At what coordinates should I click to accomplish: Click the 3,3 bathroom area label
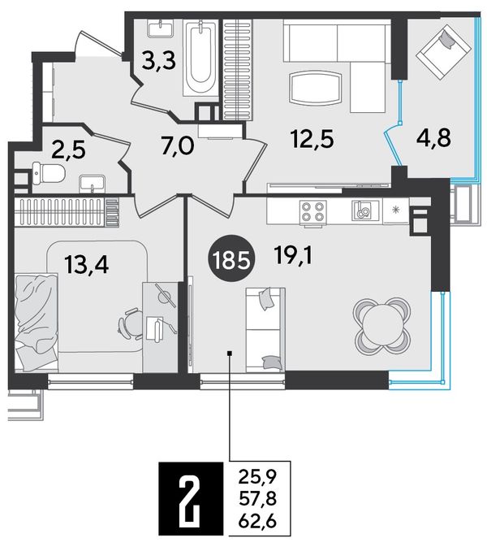pos(160,63)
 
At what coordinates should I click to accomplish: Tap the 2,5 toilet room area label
pos(69,150)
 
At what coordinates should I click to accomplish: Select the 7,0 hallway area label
pos(178,145)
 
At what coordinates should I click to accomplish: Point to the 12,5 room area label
pos(312,139)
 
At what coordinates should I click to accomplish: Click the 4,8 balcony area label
pos(433,137)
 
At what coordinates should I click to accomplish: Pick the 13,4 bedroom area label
pos(88,265)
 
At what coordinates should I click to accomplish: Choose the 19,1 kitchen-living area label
pos(294,256)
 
